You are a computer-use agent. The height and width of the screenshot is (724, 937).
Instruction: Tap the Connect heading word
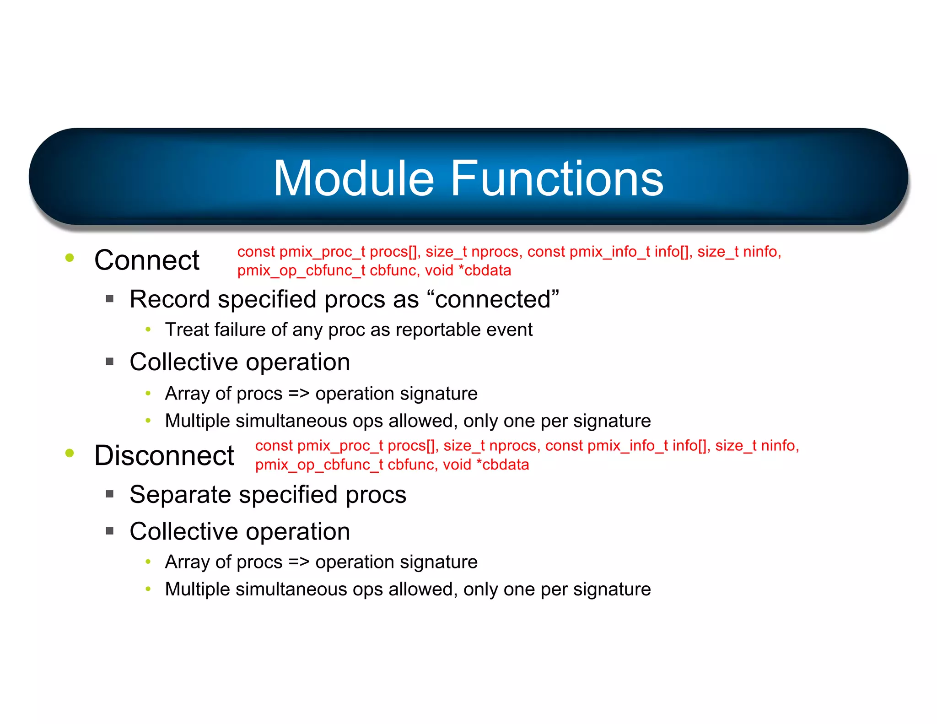click(x=146, y=260)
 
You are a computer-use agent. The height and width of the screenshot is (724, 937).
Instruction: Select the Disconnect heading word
click(x=164, y=455)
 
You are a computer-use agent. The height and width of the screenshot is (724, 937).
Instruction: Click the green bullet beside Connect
click(x=70, y=258)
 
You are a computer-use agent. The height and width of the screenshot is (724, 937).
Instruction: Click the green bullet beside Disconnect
click(x=70, y=453)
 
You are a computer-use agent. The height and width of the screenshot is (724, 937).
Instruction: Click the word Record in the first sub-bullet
click(x=170, y=299)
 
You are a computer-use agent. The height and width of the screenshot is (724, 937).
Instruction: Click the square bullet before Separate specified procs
click(x=109, y=494)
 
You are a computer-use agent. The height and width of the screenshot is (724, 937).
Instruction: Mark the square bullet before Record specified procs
click(x=109, y=299)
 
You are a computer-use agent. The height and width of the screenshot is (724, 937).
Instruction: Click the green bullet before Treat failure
click(x=148, y=330)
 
